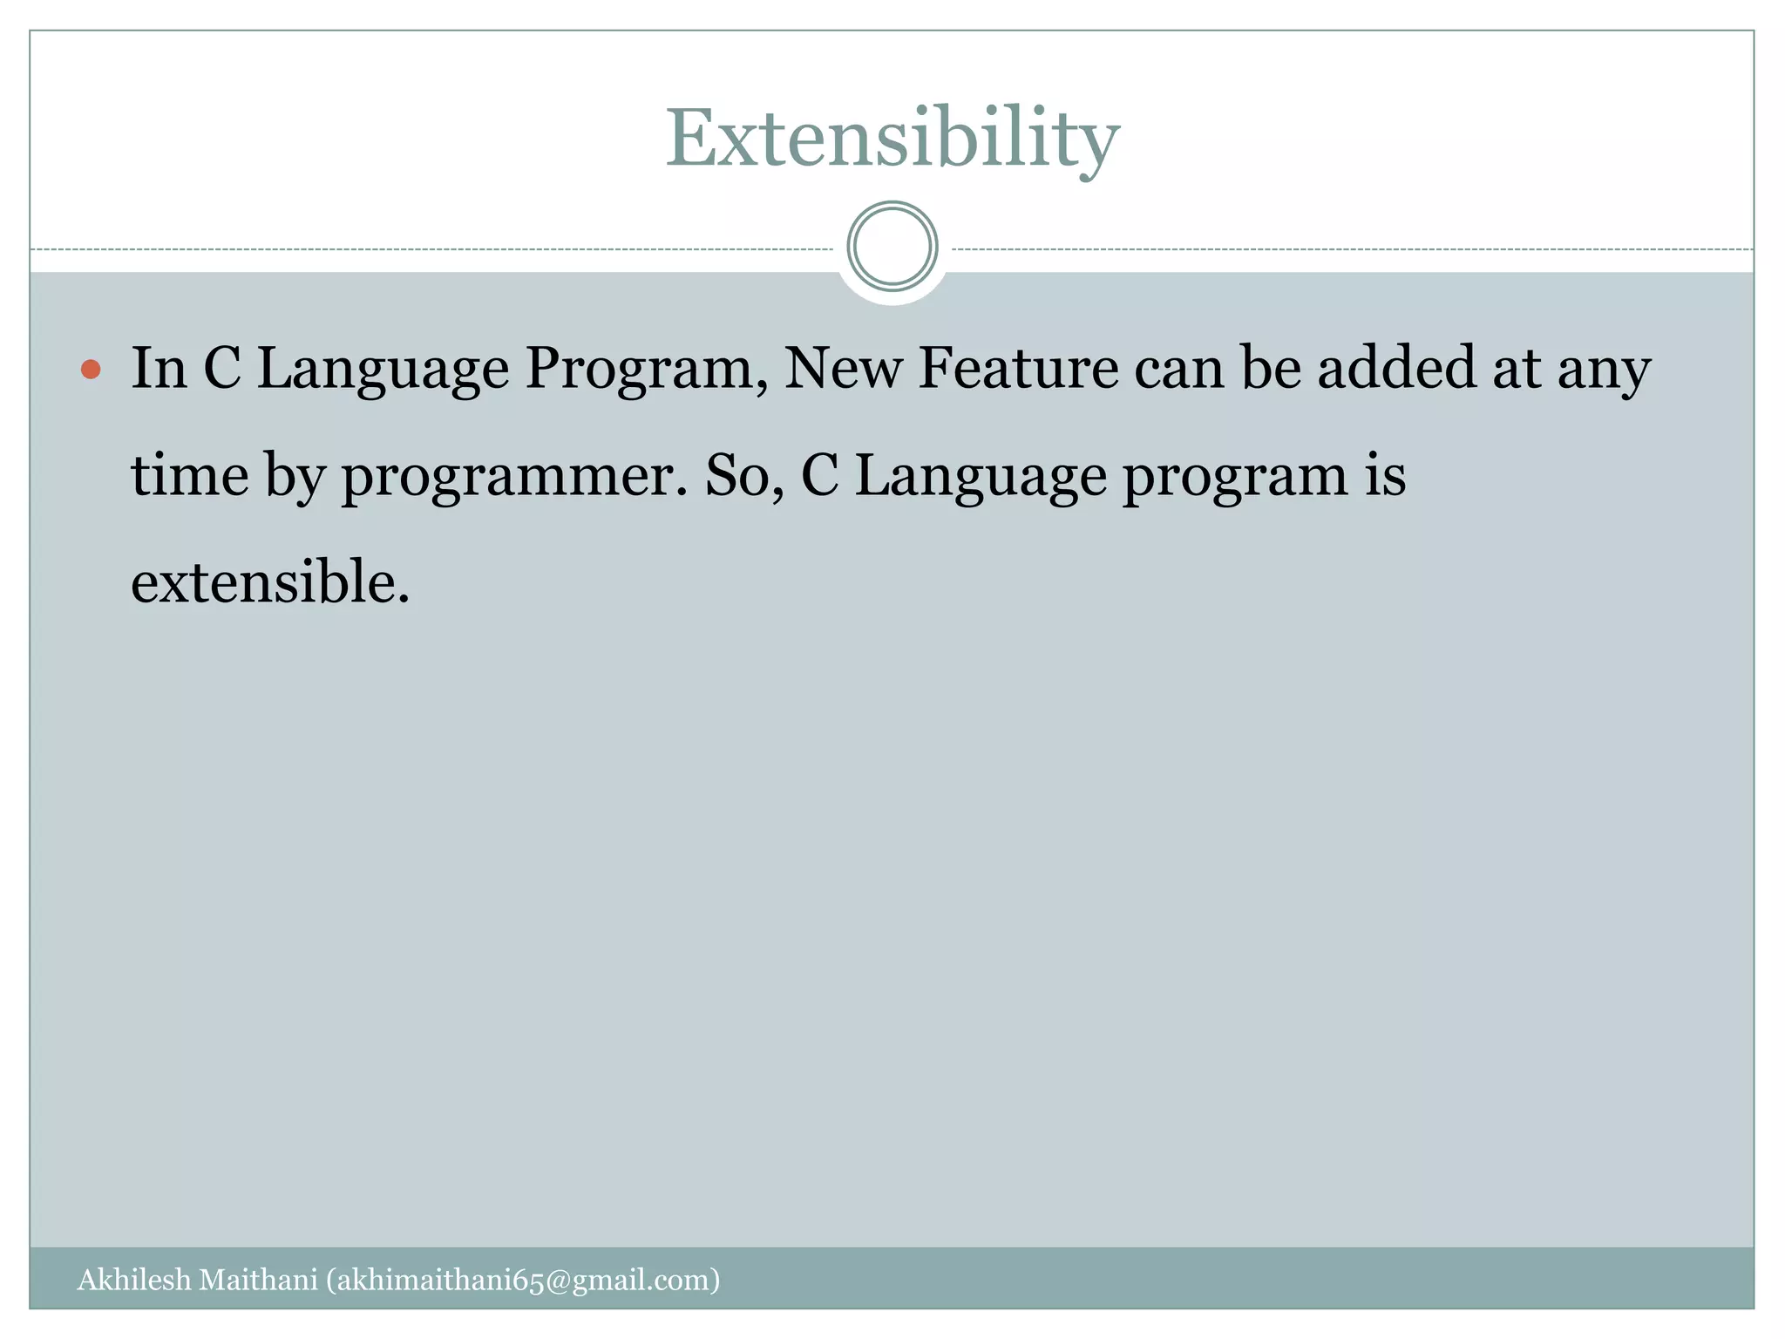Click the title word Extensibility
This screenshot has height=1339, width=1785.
tap(892, 139)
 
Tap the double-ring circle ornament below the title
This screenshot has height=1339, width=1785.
tap(892, 247)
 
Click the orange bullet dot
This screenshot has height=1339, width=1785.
tap(91, 370)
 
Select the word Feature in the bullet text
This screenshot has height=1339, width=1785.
tap(1018, 368)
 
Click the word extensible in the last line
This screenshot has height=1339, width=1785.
tap(269, 582)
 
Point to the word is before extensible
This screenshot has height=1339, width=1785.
tap(1385, 476)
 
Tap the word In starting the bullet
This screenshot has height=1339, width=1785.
tap(159, 368)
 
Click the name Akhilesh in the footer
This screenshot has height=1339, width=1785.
tap(133, 1280)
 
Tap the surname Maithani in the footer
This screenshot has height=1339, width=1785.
tap(258, 1280)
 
